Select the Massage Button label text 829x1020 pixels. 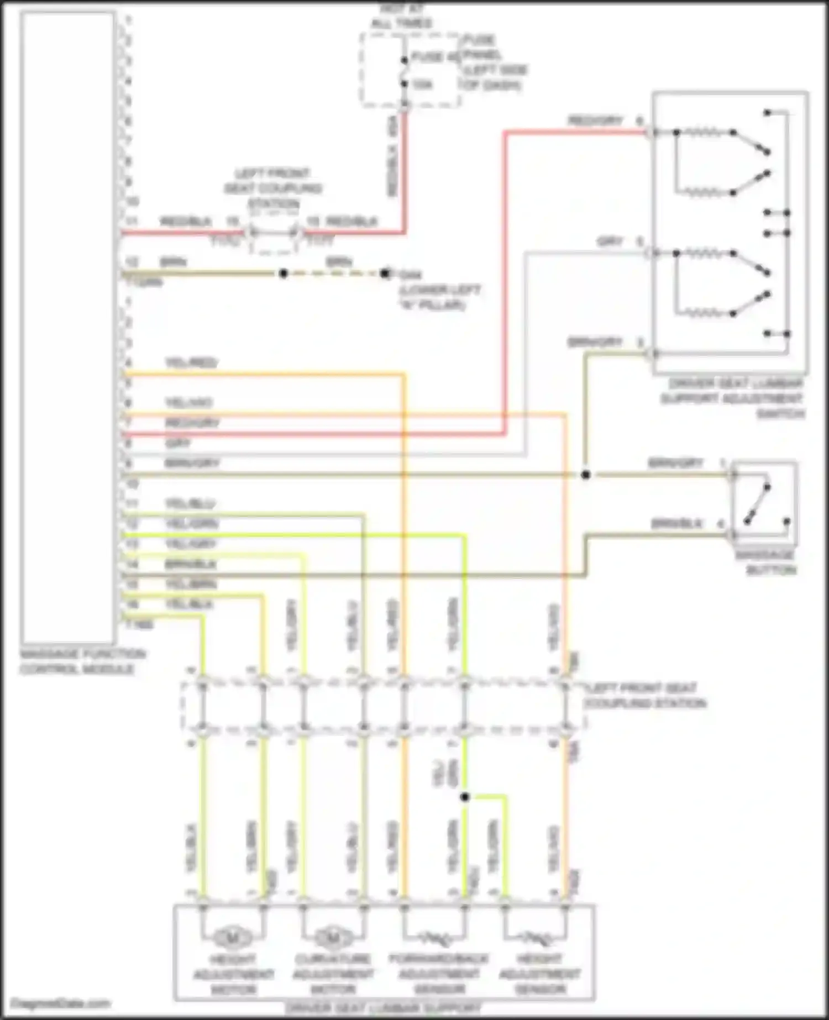[765, 562]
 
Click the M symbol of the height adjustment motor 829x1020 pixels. [232, 937]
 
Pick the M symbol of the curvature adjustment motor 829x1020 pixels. [332, 937]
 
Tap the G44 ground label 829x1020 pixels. [410, 275]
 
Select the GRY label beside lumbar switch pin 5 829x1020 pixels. [610, 241]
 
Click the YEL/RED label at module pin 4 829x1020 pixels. [191, 363]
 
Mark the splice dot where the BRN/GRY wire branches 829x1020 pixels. [586, 475]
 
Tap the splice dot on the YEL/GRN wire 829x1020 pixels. [465, 797]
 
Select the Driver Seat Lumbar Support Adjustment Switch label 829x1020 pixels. [733, 398]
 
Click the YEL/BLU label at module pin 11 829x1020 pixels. [190, 504]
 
